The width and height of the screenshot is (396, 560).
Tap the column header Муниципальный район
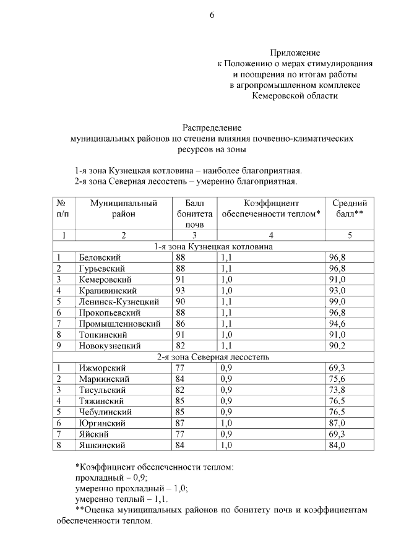(x=123, y=209)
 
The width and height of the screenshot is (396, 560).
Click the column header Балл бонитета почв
(x=194, y=214)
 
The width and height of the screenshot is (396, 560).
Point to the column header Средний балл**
(x=350, y=209)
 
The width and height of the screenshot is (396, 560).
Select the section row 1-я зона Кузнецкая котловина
(x=214, y=246)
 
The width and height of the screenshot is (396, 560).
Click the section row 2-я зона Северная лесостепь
(x=214, y=357)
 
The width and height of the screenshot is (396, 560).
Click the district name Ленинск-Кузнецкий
(x=119, y=302)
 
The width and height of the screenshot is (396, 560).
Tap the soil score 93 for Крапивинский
(x=181, y=291)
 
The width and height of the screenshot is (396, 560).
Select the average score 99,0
(x=337, y=302)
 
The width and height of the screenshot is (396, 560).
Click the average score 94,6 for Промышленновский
(x=337, y=324)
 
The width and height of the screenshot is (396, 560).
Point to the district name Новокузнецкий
(x=110, y=346)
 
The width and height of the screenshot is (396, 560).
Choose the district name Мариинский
(x=103, y=379)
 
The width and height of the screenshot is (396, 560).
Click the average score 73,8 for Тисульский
(x=337, y=390)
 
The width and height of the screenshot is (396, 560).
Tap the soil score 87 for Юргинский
(x=181, y=424)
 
